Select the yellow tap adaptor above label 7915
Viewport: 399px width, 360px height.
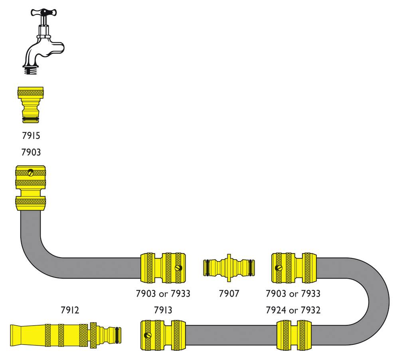tap(31, 105)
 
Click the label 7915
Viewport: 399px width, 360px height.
tap(31, 136)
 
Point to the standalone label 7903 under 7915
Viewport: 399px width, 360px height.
tap(31, 152)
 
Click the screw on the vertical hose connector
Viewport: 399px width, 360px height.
tap(31, 173)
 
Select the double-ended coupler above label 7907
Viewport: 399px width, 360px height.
tap(229, 267)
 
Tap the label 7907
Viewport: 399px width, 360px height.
tap(229, 294)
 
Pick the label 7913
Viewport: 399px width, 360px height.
tap(164, 310)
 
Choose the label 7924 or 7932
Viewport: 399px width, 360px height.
tap(293, 310)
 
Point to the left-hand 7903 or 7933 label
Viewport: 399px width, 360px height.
tap(163, 294)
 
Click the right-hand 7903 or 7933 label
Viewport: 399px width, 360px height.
tap(293, 294)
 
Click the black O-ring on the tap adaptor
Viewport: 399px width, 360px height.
tap(31, 119)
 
